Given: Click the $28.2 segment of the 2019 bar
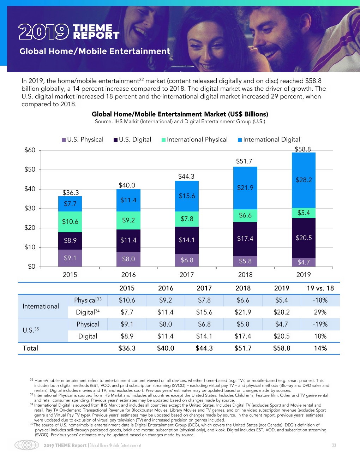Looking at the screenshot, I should coord(304,180).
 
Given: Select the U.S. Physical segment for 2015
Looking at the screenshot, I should coord(70,258).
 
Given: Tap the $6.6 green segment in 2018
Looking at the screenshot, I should coord(245,215).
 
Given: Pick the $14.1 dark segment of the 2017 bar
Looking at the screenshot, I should coord(187,240).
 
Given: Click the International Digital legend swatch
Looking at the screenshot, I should coord(240,140).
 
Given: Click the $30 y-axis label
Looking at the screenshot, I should coord(30,208).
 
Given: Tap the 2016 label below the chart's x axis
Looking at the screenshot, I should coord(128,275).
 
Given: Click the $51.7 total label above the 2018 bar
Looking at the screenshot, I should coord(244,161).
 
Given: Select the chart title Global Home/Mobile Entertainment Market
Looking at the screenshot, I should coord(180,114).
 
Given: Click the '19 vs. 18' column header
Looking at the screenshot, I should coord(320,288).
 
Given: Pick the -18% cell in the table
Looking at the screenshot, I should coord(320,300).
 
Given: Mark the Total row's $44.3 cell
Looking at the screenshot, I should coord(204,348).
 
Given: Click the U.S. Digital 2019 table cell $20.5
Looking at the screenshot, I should coord(282,336).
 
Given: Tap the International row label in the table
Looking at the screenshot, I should coord(41,306).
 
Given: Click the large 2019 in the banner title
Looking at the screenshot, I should coord(43,32).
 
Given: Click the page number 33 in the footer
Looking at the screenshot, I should coord(334,445).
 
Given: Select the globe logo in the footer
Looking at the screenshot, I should coord(26,445).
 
